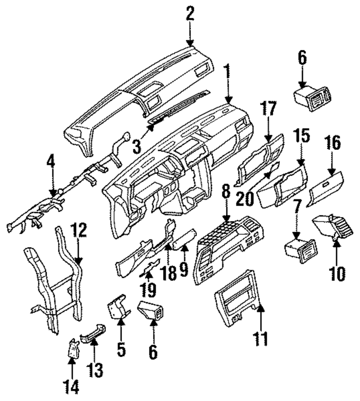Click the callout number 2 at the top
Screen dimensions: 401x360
click(x=190, y=14)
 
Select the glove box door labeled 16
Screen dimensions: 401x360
click(x=326, y=188)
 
